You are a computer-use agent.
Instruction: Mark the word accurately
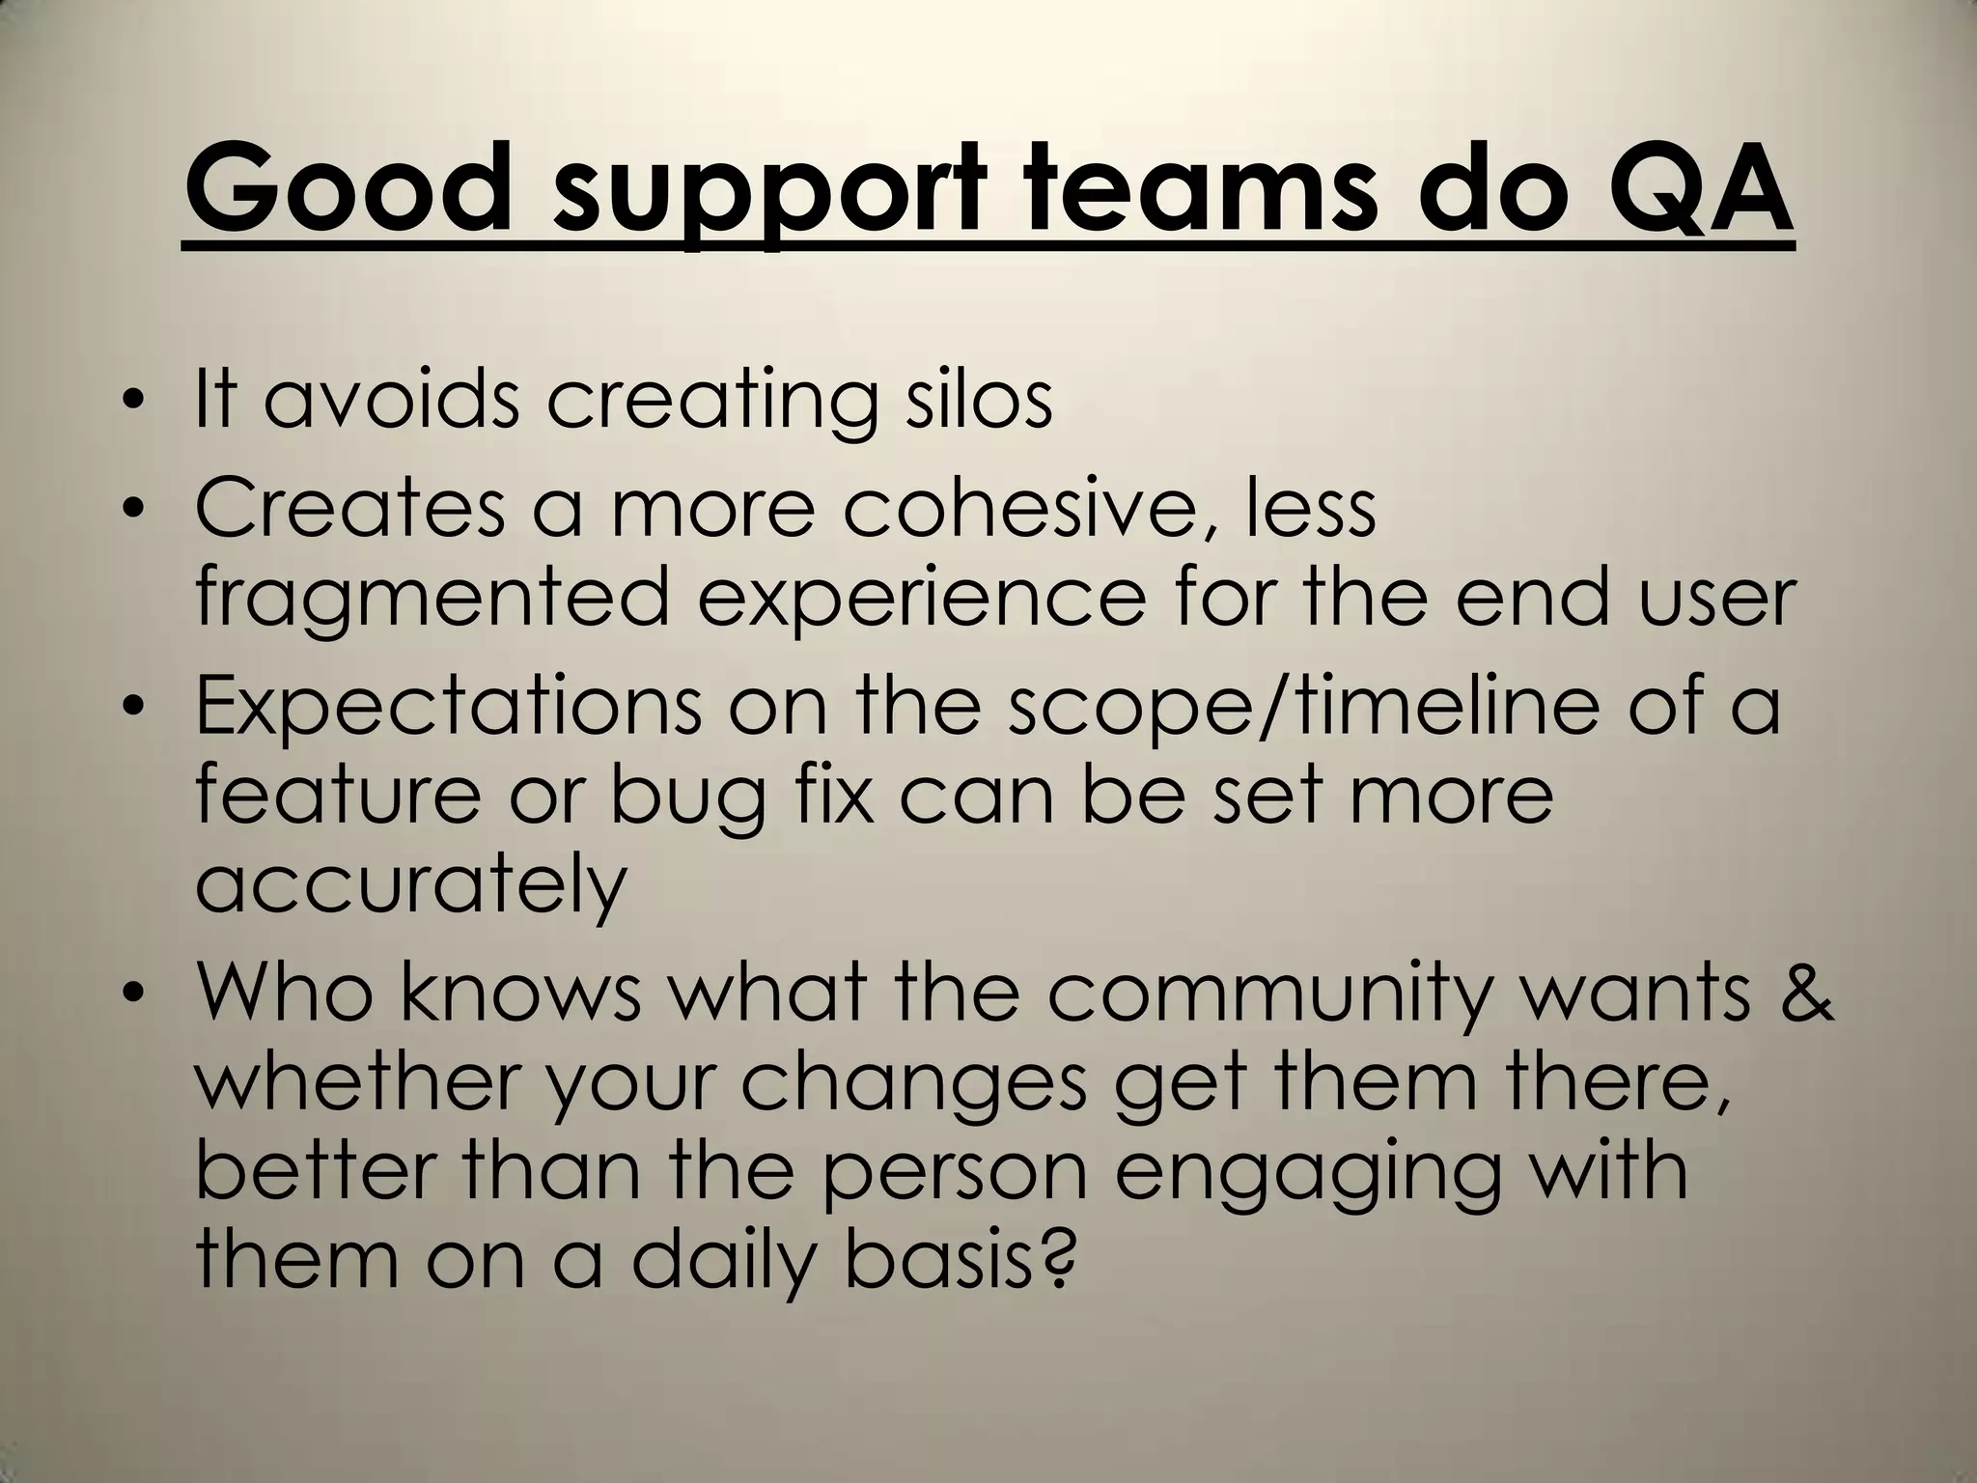coord(411,886)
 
